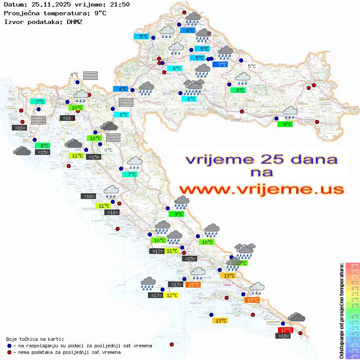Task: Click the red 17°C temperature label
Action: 285,330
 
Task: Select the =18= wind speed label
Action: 284,336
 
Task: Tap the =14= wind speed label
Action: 67,118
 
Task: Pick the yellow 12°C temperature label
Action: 171,295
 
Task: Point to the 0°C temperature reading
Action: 108,150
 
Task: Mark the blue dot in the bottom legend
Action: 9,346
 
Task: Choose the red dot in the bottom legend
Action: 9,352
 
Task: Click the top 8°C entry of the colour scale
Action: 352,266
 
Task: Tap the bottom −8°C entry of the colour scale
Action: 352,356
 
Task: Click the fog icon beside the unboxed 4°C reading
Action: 90,75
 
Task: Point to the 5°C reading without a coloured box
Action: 252,66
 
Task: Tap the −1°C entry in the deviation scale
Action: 352,316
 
